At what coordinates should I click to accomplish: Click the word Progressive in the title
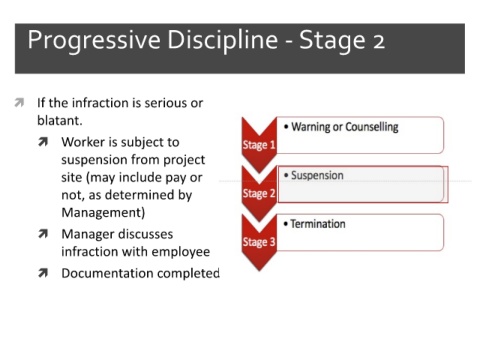[94, 41]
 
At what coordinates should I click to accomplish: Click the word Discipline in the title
[222, 40]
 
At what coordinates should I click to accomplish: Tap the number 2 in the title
[379, 42]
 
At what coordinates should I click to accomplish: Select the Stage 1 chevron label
[259, 145]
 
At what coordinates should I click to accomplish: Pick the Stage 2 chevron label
[259, 193]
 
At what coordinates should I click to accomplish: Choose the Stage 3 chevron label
[259, 242]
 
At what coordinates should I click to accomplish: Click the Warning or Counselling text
[345, 127]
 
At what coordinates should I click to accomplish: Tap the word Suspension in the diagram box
[317, 175]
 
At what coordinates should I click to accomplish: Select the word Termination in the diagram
[318, 224]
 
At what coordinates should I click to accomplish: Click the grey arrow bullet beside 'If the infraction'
[19, 103]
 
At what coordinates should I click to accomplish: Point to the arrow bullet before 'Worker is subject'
[43, 142]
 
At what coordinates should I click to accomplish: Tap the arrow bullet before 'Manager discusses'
[43, 234]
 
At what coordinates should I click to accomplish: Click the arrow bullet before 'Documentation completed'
[43, 273]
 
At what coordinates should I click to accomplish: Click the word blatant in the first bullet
[60, 120]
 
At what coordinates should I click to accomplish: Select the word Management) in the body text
[103, 213]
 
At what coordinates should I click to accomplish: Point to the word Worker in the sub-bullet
[83, 142]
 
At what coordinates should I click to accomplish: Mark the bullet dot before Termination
[286, 224]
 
